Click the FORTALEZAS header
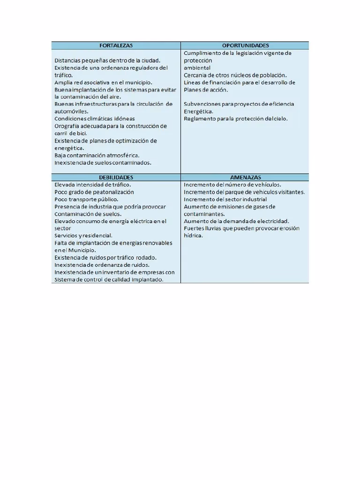[116, 45]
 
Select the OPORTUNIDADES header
[245, 45]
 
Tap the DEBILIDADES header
[116, 178]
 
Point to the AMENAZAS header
[245, 178]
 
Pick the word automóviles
[71, 112]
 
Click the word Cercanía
[197, 75]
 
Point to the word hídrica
[193, 236]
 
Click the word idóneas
[123, 119]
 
